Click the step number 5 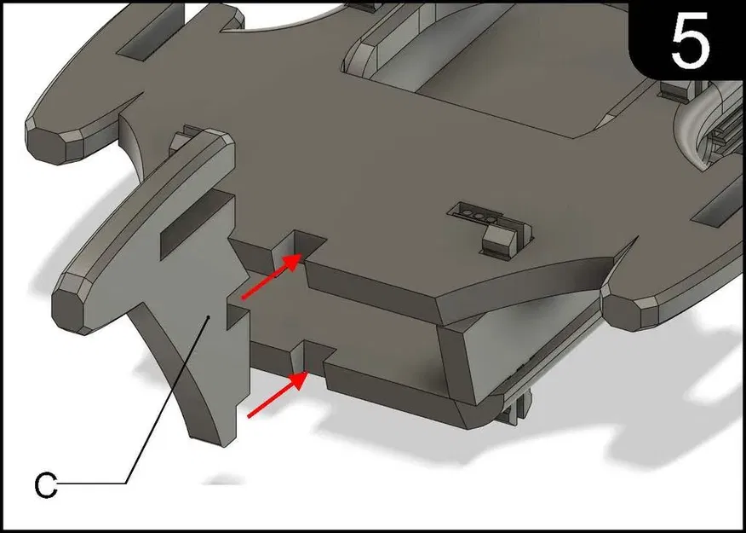coord(691,41)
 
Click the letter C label coord(46,486)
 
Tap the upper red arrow coord(271,277)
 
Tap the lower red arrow coord(277,395)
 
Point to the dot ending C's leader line coord(209,316)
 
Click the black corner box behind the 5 coord(685,40)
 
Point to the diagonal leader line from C coord(168,400)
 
